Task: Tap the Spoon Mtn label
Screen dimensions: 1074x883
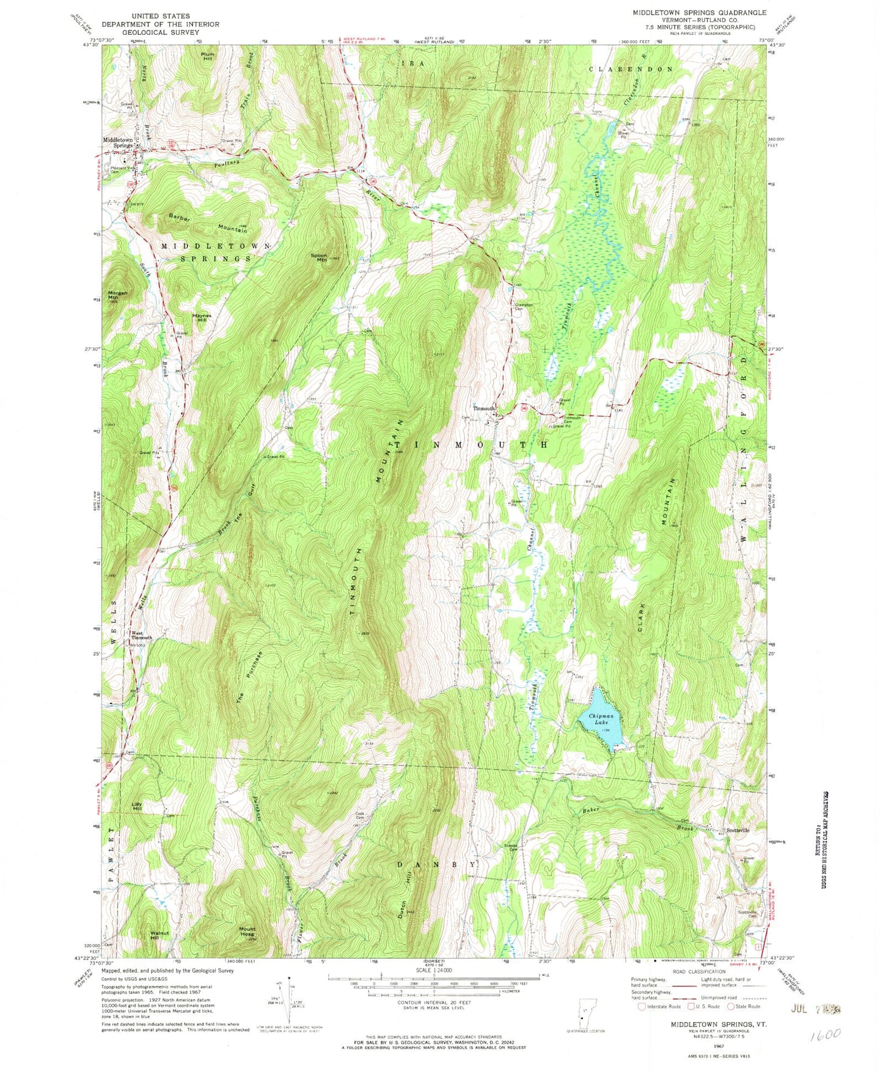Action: [320, 257]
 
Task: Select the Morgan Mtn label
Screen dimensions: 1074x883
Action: [118, 296]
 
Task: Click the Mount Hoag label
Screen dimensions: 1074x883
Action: [247, 931]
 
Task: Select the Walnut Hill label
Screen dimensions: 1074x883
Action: [159, 935]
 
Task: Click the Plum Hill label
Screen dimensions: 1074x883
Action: [208, 56]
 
